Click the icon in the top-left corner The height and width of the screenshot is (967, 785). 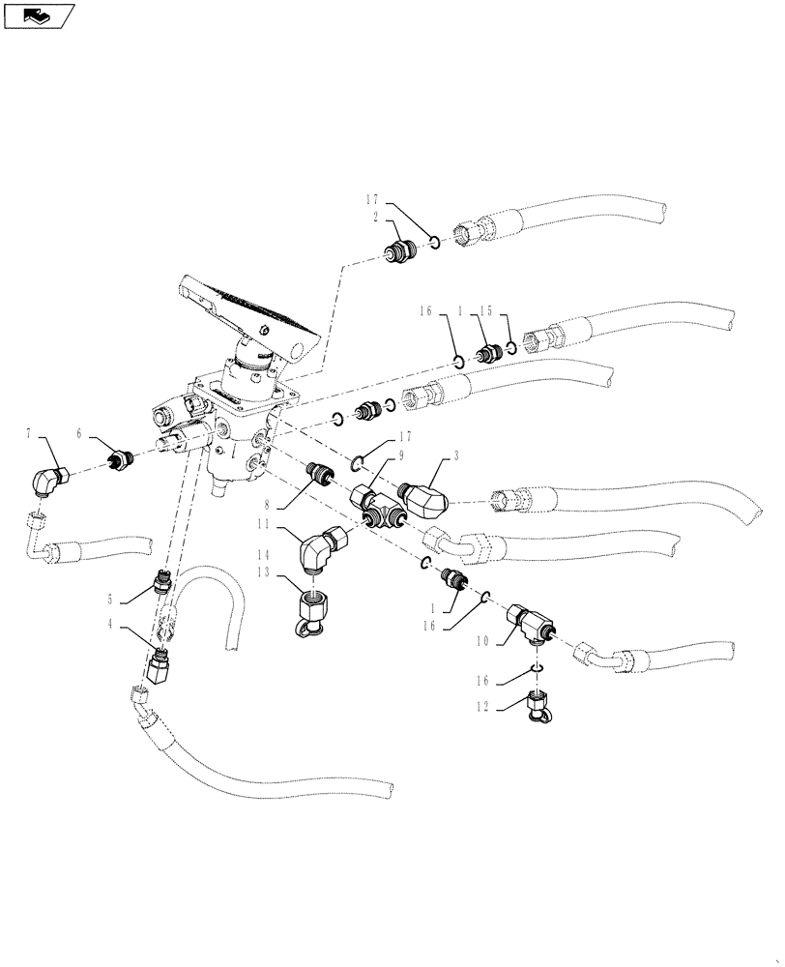click(x=40, y=15)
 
